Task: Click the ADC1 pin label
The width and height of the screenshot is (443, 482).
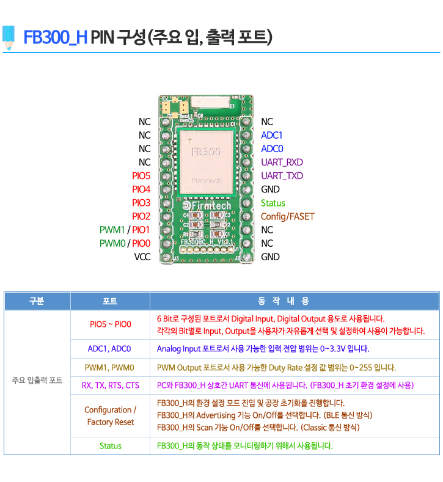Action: coord(271,135)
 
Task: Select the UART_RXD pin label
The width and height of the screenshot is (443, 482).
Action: coord(282,162)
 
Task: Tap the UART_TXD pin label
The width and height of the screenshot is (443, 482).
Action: coord(282,176)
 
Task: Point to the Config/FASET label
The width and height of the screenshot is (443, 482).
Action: coord(287,217)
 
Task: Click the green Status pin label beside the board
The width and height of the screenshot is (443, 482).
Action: coord(273,203)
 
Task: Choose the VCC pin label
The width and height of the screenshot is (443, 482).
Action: coord(142,257)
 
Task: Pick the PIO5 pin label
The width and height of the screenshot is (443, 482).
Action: coord(141,176)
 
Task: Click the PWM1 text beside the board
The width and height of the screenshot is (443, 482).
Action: coord(112,230)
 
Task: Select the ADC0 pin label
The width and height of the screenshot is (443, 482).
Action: coord(272,149)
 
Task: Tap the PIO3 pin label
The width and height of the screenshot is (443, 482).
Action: coord(141,203)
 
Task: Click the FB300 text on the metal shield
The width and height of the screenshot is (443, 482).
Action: coord(207,152)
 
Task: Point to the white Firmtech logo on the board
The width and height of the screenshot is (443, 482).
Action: coord(207,205)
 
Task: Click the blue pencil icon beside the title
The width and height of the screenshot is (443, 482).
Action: coord(9,37)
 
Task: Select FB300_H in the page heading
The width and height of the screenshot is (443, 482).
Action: coord(56,37)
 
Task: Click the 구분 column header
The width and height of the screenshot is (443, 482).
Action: coord(37,301)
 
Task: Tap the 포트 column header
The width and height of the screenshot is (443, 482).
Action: coord(110,301)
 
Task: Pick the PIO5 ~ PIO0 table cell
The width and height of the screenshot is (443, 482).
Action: coord(111,324)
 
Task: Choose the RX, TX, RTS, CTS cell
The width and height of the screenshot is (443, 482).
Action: coord(111,385)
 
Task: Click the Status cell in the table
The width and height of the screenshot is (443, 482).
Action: coord(111,446)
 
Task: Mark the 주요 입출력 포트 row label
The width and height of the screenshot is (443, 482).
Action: coord(37,381)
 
